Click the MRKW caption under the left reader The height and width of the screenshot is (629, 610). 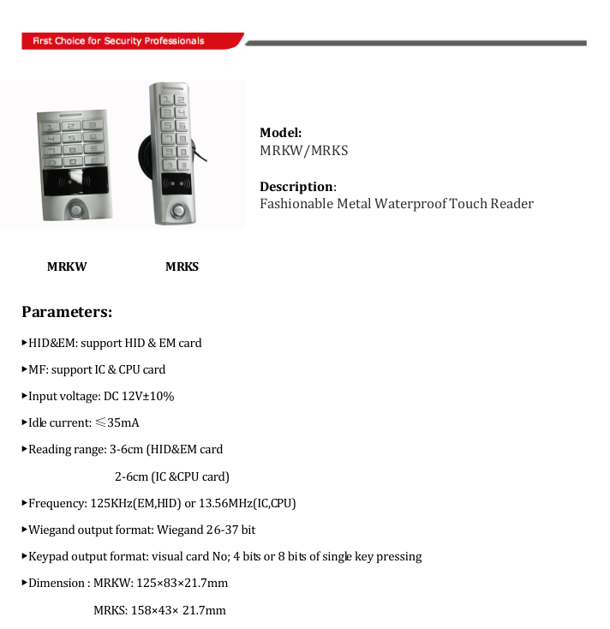click(67, 267)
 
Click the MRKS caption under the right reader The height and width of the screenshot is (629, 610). click(182, 267)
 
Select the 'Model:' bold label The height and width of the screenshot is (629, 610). click(280, 133)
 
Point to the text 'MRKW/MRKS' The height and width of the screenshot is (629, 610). click(303, 151)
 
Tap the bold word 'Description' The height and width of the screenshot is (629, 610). click(296, 187)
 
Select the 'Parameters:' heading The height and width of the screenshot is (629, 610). click(67, 311)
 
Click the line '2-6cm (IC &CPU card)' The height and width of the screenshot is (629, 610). click(171, 476)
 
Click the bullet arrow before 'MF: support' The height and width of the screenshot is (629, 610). click(24, 369)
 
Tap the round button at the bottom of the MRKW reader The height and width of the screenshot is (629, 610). click(77, 208)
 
